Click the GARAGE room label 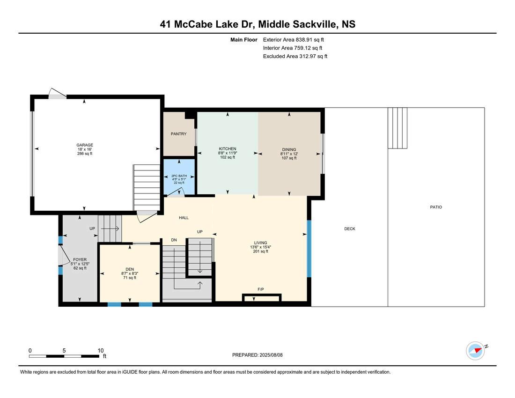pyautogui.click(x=85, y=145)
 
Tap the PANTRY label pyautogui.click(x=178, y=134)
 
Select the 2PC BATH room pyautogui.click(x=179, y=177)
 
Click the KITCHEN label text pyautogui.click(x=227, y=149)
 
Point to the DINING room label pyautogui.click(x=289, y=149)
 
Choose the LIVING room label pyautogui.click(x=260, y=243)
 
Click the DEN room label pyautogui.click(x=130, y=269)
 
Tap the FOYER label pyautogui.click(x=80, y=259)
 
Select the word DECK pyautogui.click(x=350, y=229)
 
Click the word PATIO pyautogui.click(x=436, y=207)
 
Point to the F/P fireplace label pyautogui.click(x=260, y=289)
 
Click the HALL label pyautogui.click(x=184, y=218)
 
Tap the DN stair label pyautogui.click(x=174, y=240)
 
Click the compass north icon pyautogui.click(x=476, y=351)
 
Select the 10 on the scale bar pyautogui.click(x=101, y=351)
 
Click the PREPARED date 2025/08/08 pyautogui.click(x=271, y=355)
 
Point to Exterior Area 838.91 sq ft pyautogui.click(x=293, y=40)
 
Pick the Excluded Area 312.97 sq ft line pyautogui.click(x=295, y=56)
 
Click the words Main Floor pyautogui.click(x=244, y=40)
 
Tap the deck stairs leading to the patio pyautogui.click(x=397, y=128)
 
